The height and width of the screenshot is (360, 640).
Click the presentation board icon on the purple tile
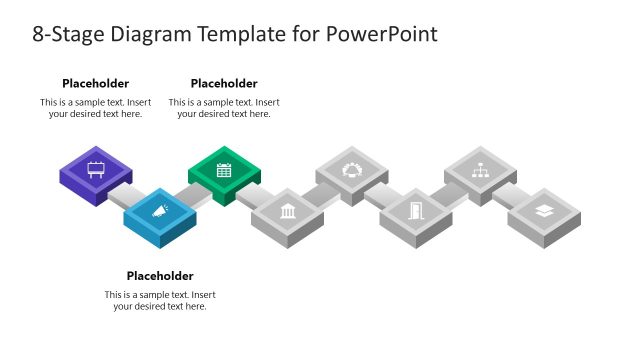(x=96, y=169)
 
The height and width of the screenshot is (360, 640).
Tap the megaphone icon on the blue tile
(x=160, y=210)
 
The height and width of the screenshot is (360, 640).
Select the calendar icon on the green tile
(x=224, y=169)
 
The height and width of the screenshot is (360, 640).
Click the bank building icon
(x=288, y=210)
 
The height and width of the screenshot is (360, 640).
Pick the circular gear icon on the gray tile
(x=352, y=169)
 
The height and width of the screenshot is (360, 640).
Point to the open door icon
(x=416, y=210)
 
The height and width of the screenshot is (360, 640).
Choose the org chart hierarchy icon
(x=480, y=169)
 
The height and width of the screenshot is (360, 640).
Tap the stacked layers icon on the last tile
(x=544, y=210)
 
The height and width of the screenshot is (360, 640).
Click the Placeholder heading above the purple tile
(x=95, y=84)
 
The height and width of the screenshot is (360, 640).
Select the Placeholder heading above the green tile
(x=224, y=84)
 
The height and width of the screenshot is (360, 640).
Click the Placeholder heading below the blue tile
(x=160, y=276)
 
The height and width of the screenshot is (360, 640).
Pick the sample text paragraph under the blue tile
(x=160, y=300)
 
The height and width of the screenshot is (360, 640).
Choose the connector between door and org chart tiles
(x=448, y=194)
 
